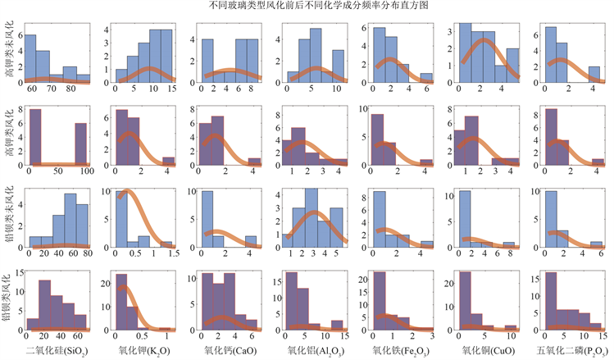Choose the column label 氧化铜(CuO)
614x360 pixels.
click(x=479, y=351)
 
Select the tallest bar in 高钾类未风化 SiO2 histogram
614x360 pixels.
click(x=30, y=57)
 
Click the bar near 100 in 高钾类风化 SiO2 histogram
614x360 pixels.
click(x=80, y=144)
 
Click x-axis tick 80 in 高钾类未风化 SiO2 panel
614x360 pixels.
click(x=71, y=88)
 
